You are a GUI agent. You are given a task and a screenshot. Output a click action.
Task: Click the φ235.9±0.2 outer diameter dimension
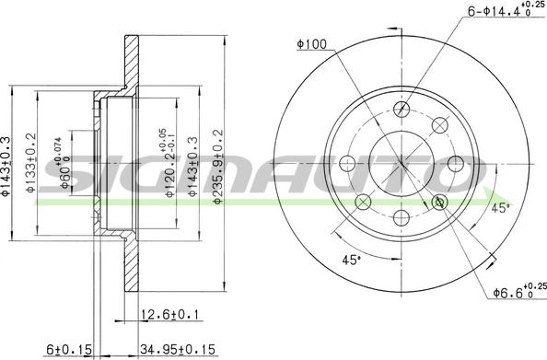[x=218, y=166]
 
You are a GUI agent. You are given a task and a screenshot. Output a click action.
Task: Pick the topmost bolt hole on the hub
[x=402, y=110]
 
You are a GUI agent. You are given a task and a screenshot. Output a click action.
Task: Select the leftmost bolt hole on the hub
[x=347, y=166]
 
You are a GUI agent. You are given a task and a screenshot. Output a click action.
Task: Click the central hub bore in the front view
[x=402, y=165]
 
